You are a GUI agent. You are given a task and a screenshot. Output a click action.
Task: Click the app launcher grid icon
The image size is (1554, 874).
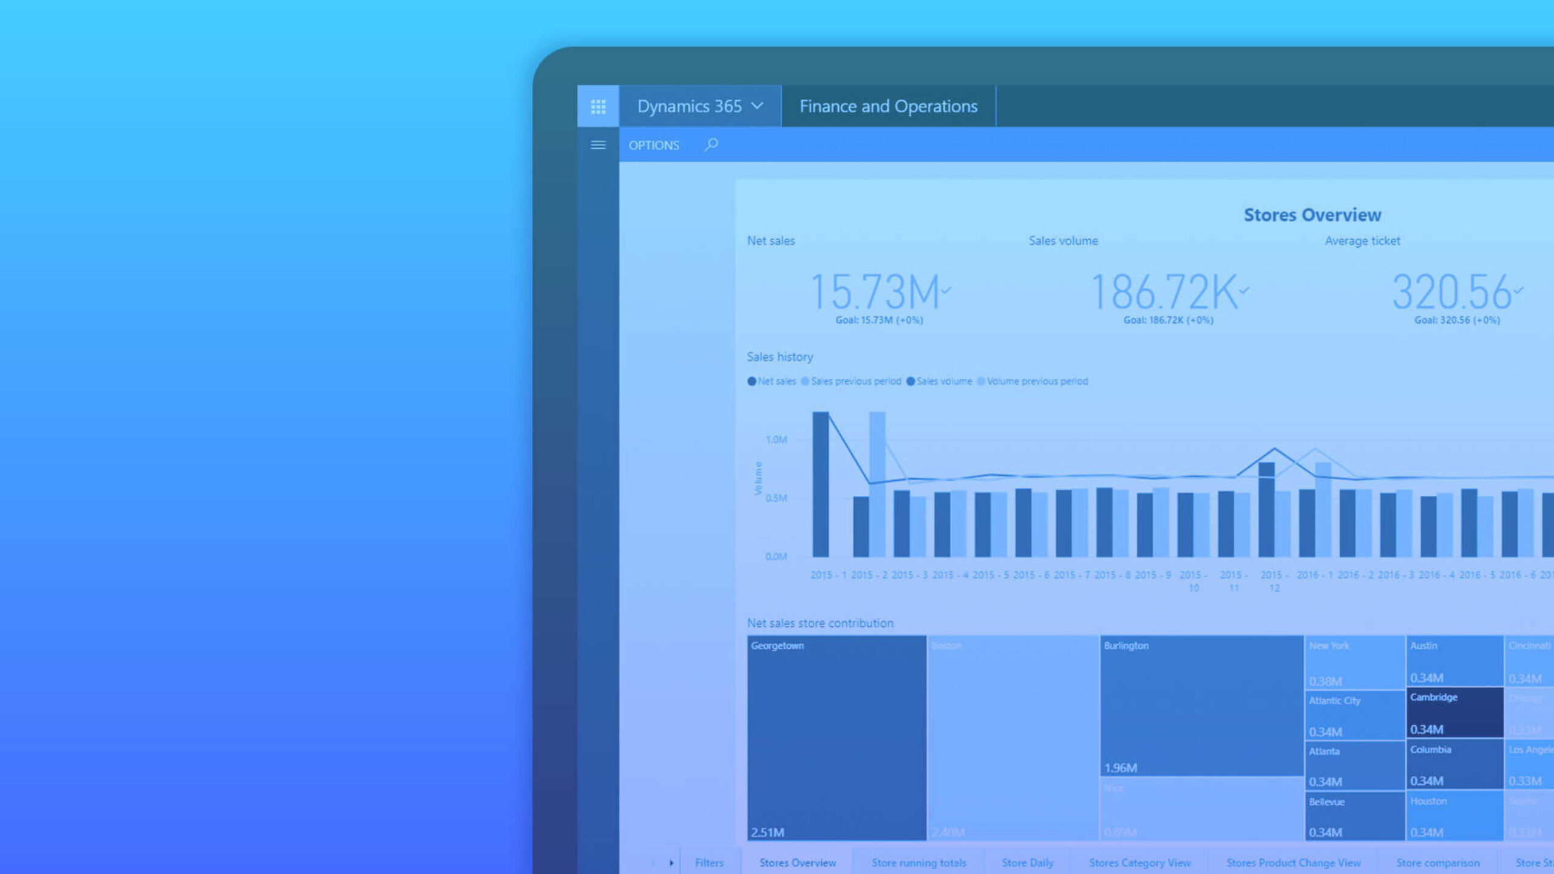click(598, 107)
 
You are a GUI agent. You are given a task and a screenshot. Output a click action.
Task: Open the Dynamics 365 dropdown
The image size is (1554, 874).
click(700, 106)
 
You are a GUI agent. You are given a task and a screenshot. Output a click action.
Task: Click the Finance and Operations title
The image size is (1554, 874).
click(888, 106)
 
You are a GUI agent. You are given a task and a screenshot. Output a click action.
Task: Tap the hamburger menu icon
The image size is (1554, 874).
click(598, 145)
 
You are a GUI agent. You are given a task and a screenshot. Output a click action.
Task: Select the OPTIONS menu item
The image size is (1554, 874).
click(654, 146)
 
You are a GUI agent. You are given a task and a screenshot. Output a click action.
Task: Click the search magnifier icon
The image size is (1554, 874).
click(711, 144)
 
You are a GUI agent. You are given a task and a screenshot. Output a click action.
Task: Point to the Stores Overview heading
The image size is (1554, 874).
click(1312, 215)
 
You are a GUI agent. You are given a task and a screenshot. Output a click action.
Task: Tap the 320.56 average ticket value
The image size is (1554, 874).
click(1451, 293)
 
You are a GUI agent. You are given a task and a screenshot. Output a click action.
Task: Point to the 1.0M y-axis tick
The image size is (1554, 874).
click(776, 439)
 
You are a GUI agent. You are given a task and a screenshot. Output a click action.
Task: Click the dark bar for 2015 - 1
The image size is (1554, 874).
click(821, 486)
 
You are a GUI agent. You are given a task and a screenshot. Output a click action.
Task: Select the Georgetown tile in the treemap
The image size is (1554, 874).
click(836, 737)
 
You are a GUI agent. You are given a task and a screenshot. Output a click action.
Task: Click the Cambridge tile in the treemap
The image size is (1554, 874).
click(1454, 712)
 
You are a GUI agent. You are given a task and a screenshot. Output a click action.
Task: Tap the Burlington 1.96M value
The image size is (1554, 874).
click(1121, 768)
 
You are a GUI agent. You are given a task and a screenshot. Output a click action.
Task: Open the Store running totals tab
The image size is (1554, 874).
click(919, 862)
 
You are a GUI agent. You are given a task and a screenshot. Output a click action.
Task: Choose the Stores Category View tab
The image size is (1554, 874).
click(1139, 862)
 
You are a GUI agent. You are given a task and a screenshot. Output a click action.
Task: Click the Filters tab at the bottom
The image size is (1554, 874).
click(709, 862)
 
